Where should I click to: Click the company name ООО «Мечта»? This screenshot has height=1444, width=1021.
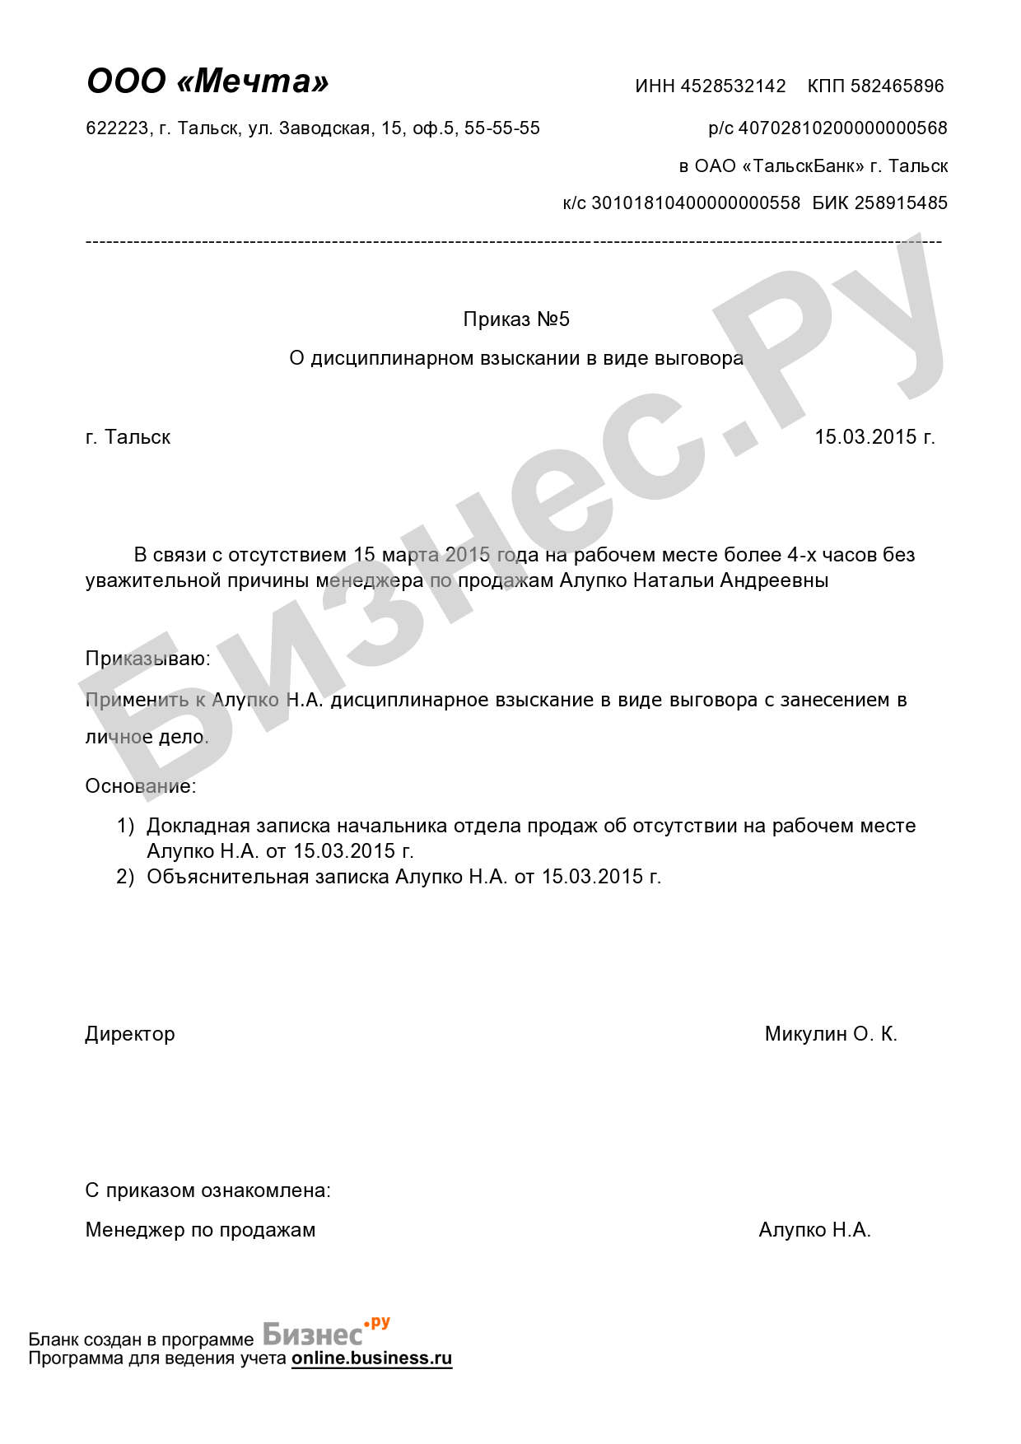(x=207, y=82)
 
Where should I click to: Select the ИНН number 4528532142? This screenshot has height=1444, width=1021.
(x=733, y=86)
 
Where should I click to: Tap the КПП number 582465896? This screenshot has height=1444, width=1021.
(x=897, y=86)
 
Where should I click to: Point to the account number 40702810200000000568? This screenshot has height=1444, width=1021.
(x=842, y=128)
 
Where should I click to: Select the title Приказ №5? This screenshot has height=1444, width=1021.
(x=516, y=319)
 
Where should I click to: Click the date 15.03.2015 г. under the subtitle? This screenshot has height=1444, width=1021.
(x=874, y=437)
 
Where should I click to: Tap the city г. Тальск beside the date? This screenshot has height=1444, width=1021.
(x=128, y=437)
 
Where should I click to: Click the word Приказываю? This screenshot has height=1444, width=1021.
(x=147, y=659)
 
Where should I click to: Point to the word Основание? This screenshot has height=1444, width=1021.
(x=141, y=786)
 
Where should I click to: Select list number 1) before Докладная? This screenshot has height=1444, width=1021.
(x=125, y=826)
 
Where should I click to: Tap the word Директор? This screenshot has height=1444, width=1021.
(x=130, y=1034)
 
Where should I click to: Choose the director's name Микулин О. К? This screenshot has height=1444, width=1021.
(x=830, y=1034)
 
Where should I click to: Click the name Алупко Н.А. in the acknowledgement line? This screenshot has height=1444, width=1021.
(x=814, y=1230)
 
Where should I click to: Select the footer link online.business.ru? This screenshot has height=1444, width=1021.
(x=371, y=1358)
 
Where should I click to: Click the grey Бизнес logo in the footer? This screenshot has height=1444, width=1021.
(x=313, y=1334)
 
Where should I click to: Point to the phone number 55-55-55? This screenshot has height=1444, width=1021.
(x=502, y=128)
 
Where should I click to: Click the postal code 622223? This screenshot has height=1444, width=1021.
(x=118, y=128)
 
